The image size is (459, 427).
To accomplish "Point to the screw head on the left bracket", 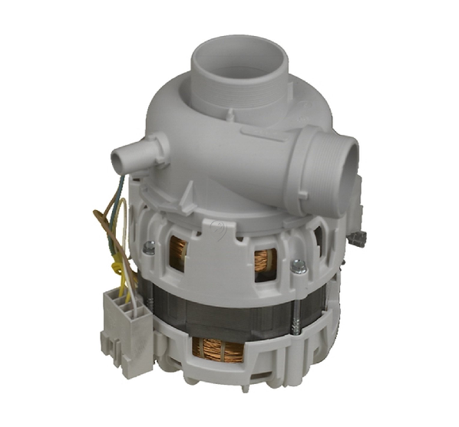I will tap(148, 247).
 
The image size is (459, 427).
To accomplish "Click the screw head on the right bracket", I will tap(298, 266).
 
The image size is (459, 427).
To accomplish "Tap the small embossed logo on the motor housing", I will tap(219, 227).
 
